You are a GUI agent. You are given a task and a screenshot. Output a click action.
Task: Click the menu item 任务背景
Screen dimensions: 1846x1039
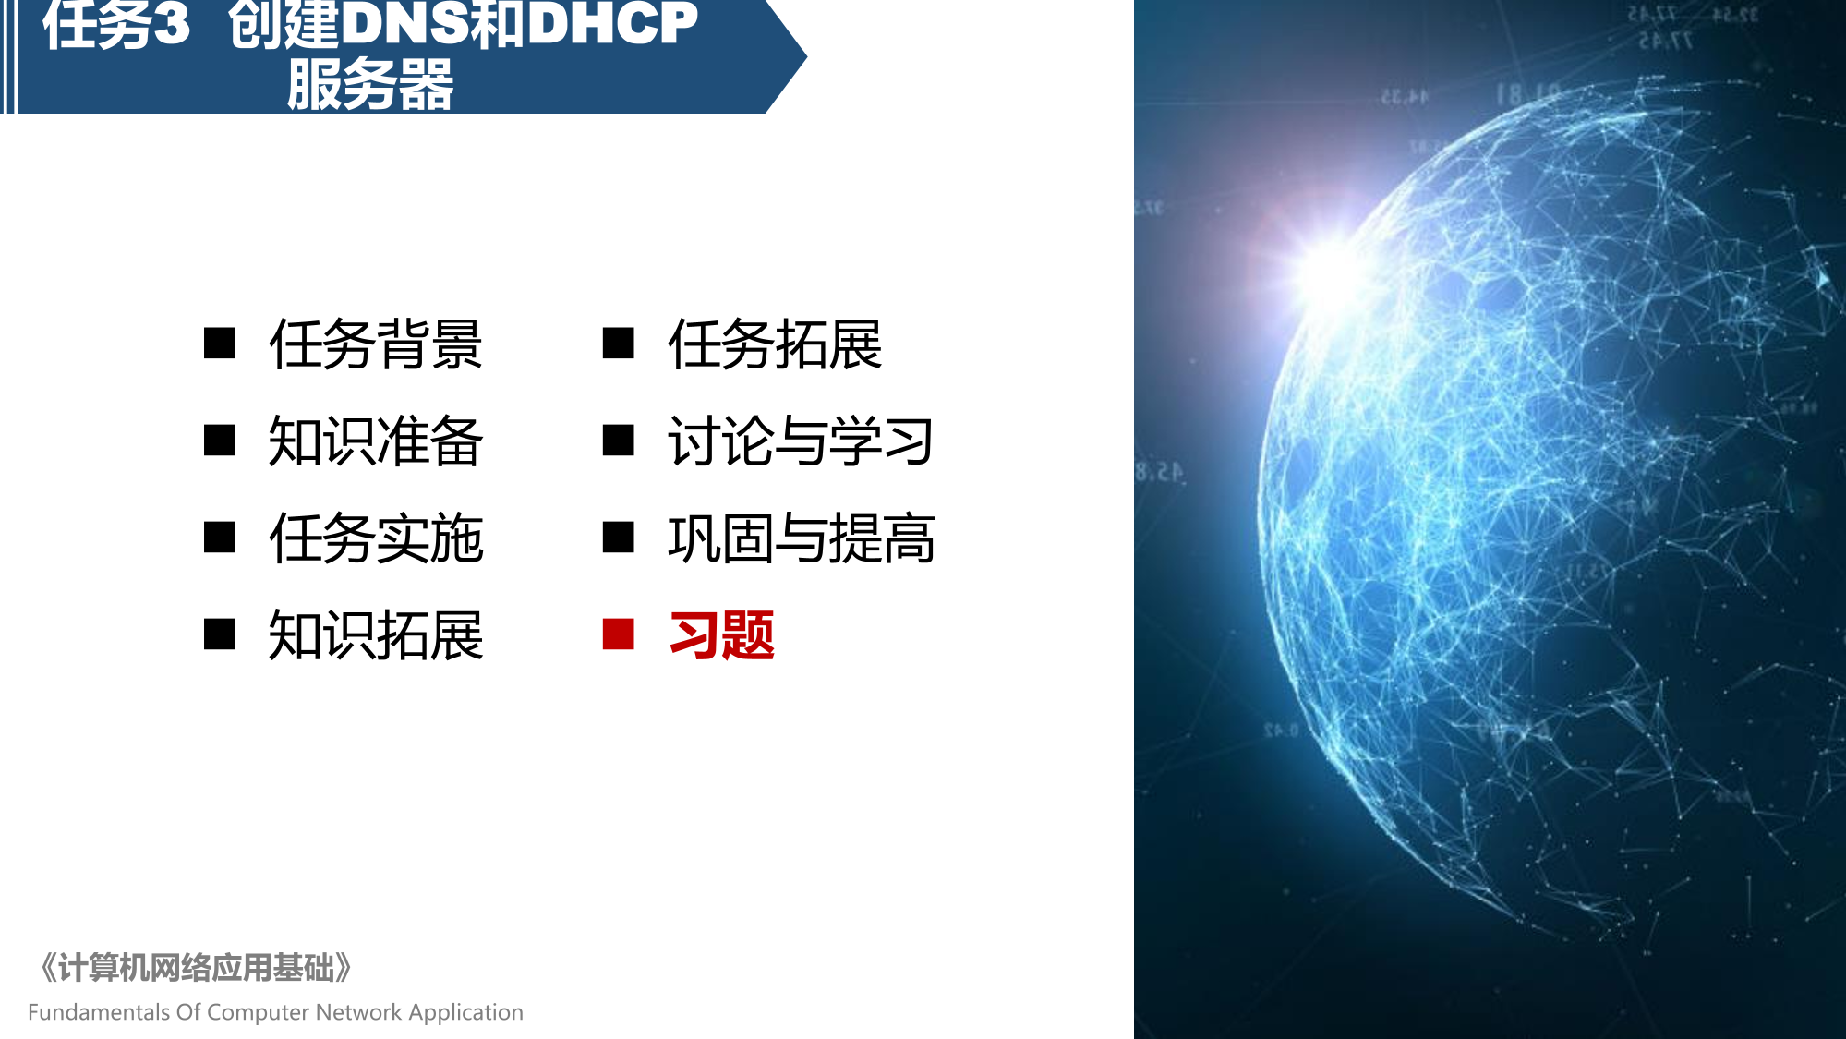pos(376,344)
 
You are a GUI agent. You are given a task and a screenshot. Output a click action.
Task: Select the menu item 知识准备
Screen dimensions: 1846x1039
pos(376,441)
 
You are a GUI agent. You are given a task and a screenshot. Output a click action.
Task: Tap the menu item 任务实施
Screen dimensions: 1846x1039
pos(376,538)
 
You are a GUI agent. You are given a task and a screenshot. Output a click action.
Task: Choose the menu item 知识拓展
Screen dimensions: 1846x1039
pos(376,635)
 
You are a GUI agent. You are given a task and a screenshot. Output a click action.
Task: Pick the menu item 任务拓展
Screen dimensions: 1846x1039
pos(775,344)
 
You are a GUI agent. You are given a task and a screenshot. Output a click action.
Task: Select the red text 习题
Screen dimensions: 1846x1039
pos(722,635)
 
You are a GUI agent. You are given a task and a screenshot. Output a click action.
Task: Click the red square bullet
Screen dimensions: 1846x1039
pos(618,634)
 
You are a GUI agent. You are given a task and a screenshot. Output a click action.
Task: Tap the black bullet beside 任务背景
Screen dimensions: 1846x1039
pos(220,344)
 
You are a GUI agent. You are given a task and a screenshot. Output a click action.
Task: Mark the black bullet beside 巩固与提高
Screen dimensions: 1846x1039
pos(618,538)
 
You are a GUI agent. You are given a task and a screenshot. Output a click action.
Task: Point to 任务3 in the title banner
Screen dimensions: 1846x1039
pos(116,24)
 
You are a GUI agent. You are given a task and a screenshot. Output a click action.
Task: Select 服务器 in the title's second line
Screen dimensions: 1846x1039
pos(370,84)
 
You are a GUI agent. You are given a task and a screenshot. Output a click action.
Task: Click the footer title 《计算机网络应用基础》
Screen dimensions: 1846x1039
pos(195,968)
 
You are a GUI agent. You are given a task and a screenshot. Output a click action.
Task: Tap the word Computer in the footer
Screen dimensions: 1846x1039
pos(258,1013)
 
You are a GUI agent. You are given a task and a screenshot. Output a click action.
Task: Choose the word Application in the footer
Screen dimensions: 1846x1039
pos(466,1013)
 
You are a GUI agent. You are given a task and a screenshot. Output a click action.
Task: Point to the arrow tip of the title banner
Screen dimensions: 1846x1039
pos(806,57)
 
